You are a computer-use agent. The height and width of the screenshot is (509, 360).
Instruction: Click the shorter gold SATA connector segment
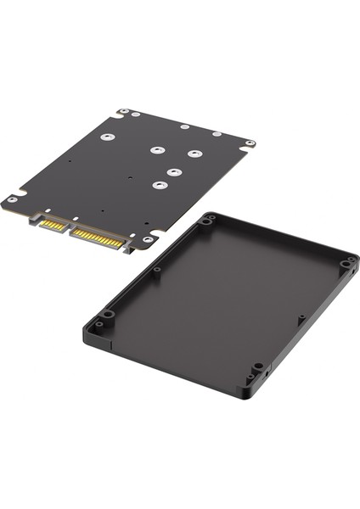[x=53, y=225]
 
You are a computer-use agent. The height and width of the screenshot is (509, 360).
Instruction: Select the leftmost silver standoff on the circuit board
[x=106, y=137]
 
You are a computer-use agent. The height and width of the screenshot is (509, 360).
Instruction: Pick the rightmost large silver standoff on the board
[x=194, y=154]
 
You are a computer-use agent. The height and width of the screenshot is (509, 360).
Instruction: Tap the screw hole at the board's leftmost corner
[x=12, y=199]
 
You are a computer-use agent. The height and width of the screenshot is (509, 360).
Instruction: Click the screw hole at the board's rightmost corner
[x=249, y=143]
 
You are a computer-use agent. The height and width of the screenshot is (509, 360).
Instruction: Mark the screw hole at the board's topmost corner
[x=125, y=112]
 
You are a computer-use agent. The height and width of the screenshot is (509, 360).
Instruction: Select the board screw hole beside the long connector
[x=148, y=240]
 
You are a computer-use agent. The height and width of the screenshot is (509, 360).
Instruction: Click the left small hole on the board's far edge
[x=184, y=127]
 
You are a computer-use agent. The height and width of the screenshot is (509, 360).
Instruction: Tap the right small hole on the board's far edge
[x=217, y=134]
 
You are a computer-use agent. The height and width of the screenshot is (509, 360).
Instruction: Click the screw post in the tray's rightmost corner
[x=346, y=264]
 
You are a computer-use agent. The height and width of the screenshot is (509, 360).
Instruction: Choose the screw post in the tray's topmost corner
[x=208, y=220]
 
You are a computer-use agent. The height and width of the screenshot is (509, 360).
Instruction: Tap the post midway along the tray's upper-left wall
[x=156, y=271]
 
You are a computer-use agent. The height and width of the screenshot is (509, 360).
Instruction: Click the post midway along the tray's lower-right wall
[x=301, y=319]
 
